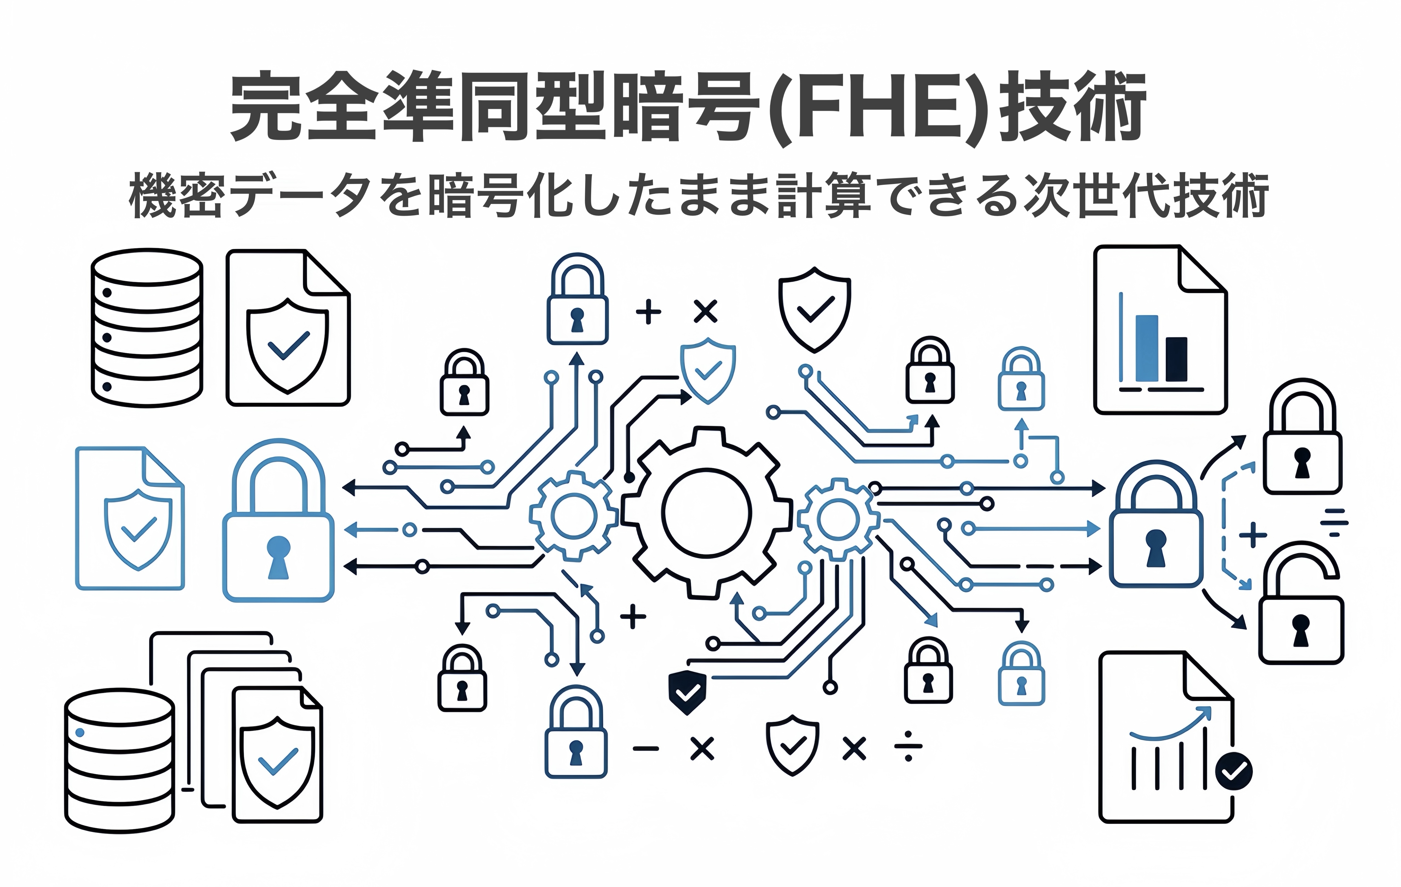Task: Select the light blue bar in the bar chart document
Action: click(x=1146, y=348)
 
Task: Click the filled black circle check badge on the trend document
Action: click(x=1233, y=771)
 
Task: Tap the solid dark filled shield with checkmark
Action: click(x=687, y=692)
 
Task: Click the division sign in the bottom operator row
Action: click(x=908, y=748)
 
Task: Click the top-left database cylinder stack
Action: click(x=147, y=328)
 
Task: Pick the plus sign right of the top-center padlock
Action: click(x=648, y=312)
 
